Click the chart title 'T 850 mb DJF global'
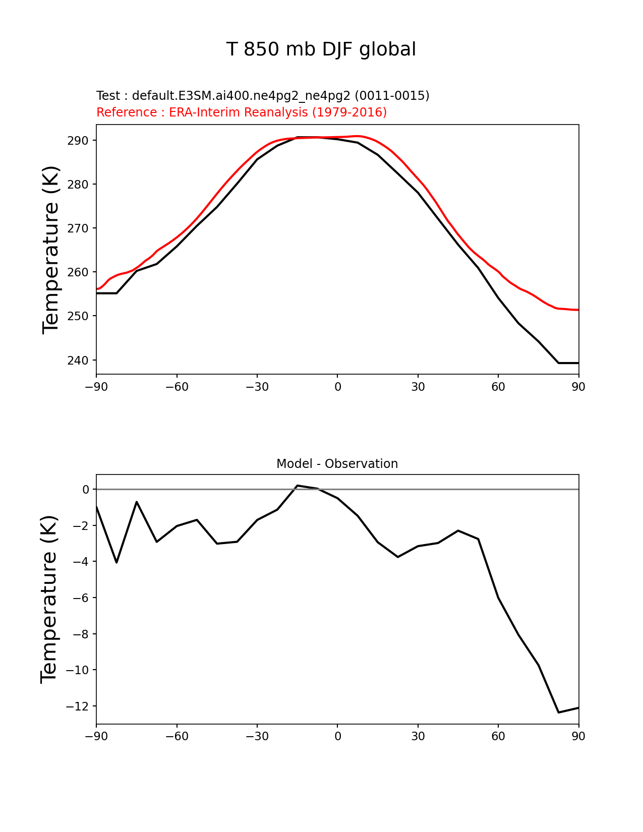point(321,49)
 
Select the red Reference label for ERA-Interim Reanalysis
point(242,112)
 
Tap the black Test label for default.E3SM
point(263,96)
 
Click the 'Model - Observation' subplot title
point(337,464)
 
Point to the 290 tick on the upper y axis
point(78,141)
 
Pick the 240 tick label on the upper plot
point(78,361)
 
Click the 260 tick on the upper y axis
point(78,272)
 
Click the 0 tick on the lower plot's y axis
point(86,490)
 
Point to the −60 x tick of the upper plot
point(177,387)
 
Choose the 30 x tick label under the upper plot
point(418,387)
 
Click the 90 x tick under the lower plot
point(578,737)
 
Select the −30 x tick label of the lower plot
point(257,737)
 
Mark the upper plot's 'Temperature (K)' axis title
point(51,250)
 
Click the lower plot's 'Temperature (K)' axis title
point(49,599)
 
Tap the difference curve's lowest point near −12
point(558,712)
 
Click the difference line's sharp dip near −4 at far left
point(116,562)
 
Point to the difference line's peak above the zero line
point(297,486)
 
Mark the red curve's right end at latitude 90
point(578,310)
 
